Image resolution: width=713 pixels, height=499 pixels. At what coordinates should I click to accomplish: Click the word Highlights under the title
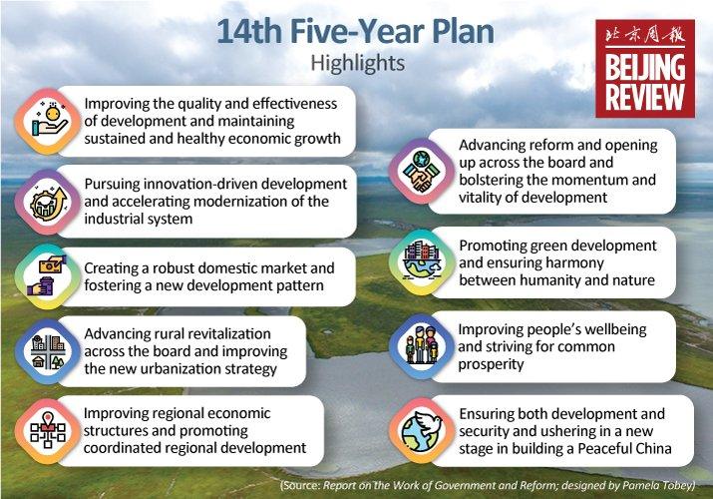[x=357, y=63]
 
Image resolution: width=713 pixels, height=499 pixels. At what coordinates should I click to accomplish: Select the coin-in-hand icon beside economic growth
[x=47, y=120]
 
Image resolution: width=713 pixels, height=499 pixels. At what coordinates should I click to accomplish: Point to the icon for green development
[x=421, y=262]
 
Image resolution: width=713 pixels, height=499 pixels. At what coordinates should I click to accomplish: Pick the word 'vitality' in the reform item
[x=485, y=197]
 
